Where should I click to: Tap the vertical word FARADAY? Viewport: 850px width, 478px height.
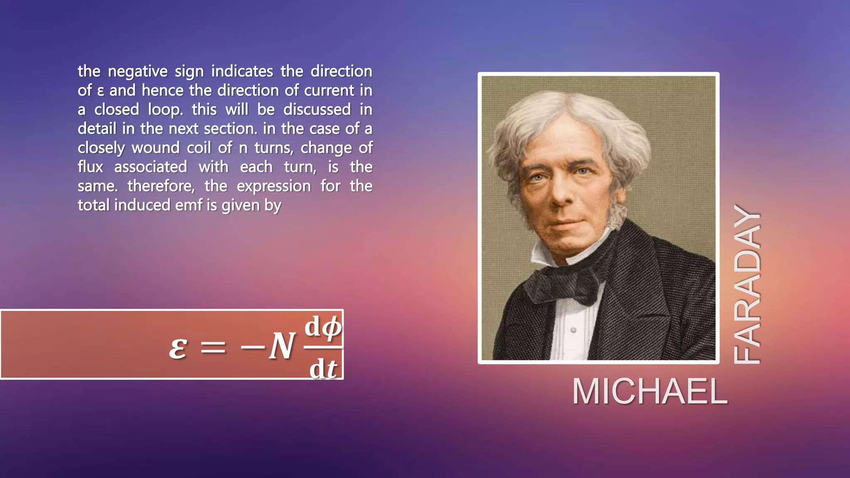pos(747,285)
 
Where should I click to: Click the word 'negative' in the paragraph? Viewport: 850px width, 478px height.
pos(137,71)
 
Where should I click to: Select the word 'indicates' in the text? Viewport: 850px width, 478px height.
pos(242,71)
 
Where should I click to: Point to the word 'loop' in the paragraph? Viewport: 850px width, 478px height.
pos(165,110)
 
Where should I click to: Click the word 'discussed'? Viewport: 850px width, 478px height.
pos(317,110)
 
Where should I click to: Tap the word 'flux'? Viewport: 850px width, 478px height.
pos(90,167)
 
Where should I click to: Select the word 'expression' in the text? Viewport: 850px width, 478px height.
pos(274,186)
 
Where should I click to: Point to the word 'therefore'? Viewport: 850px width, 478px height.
pos(161,186)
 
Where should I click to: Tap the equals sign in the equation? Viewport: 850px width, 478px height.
pos(213,347)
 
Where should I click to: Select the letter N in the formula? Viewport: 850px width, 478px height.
pos(282,346)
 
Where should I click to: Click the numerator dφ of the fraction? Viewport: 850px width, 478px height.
pos(323,327)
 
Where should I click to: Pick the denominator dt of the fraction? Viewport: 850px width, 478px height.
pos(323,368)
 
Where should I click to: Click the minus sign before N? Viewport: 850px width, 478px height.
pos(252,347)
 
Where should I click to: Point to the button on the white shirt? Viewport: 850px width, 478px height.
pos(573,330)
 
